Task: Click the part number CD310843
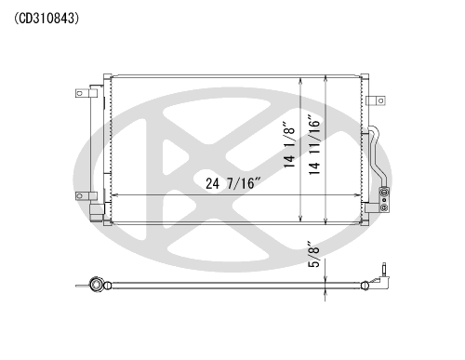[x=46, y=19]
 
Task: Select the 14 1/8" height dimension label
[x=289, y=147]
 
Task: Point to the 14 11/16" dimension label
[x=314, y=144]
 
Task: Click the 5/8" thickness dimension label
[x=313, y=254]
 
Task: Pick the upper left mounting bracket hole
[x=80, y=93]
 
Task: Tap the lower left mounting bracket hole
[x=80, y=196]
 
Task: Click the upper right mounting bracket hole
[x=380, y=100]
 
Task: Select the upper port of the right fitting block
[x=384, y=193]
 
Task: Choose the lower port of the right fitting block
[x=384, y=207]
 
